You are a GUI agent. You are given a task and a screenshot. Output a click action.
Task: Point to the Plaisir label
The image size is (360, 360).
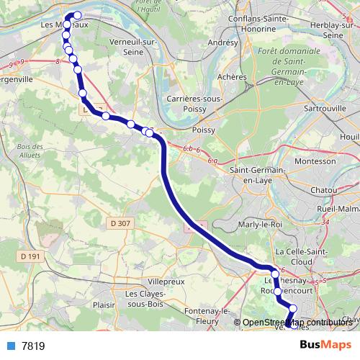(x=106, y=305)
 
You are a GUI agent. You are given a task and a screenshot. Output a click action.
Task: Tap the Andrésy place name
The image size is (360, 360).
(x=222, y=43)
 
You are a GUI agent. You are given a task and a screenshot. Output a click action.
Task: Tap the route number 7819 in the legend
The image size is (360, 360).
(x=33, y=346)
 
